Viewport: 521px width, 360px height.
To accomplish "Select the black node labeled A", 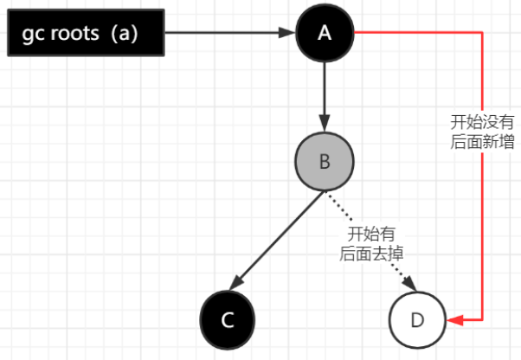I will point(325,33).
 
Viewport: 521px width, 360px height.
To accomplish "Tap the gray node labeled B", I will point(325,162).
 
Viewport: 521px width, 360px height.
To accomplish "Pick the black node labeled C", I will point(228,319).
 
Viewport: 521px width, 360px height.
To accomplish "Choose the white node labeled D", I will point(417,319).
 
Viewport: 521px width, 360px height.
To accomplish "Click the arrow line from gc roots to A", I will point(225,34).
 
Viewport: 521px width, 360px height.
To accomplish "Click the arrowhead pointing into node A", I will point(288,34).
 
